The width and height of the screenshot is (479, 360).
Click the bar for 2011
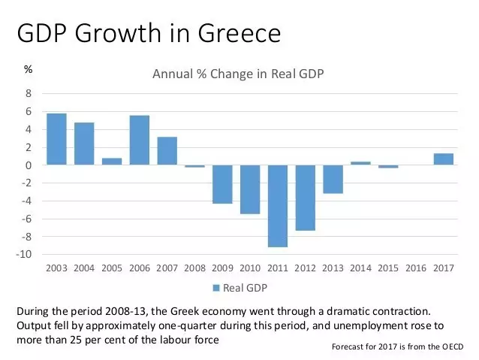(278, 205)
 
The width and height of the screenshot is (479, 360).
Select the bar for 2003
(56, 139)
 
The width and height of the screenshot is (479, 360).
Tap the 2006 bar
(139, 140)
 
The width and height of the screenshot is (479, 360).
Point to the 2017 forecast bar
(444, 159)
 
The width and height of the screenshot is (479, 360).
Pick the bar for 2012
(305, 197)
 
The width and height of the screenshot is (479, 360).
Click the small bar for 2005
(112, 161)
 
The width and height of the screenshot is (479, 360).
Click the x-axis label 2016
(416, 268)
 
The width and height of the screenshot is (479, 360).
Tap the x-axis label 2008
(194, 268)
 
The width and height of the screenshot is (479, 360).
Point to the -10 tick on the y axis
(25, 255)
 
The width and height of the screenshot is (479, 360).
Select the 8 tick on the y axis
(29, 94)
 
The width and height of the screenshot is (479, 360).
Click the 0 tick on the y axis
(29, 165)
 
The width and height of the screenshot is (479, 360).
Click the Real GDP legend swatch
(216, 288)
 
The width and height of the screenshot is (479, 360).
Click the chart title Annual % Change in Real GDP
(238, 74)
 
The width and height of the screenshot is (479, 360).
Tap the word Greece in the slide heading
(239, 34)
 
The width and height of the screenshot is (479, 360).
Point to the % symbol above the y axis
(28, 69)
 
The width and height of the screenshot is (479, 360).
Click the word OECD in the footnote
(449, 346)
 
